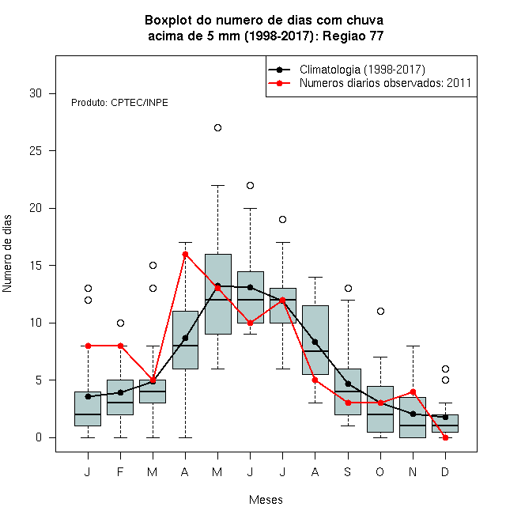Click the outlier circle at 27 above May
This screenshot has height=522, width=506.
click(217, 128)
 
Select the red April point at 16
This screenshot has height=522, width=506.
click(186, 255)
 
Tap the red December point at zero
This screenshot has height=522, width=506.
click(445, 438)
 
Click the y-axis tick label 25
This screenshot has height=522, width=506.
click(36, 151)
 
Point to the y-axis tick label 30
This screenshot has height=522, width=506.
click(36, 93)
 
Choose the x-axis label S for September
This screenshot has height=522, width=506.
click(348, 471)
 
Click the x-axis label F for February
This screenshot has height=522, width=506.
click(120, 471)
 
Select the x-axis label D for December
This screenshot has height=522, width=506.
click(445, 471)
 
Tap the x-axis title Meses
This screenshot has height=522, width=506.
click(266, 500)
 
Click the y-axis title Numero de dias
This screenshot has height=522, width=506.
click(7, 254)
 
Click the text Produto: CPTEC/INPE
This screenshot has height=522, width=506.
click(119, 103)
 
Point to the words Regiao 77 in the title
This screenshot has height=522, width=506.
click(353, 36)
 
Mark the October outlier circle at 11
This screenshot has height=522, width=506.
click(380, 312)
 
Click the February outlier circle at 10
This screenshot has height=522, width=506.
click(120, 323)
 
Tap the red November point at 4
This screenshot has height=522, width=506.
click(413, 391)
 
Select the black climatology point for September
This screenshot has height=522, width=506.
click(348, 384)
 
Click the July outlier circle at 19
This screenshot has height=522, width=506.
click(282, 219)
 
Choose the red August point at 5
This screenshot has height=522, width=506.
click(315, 380)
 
